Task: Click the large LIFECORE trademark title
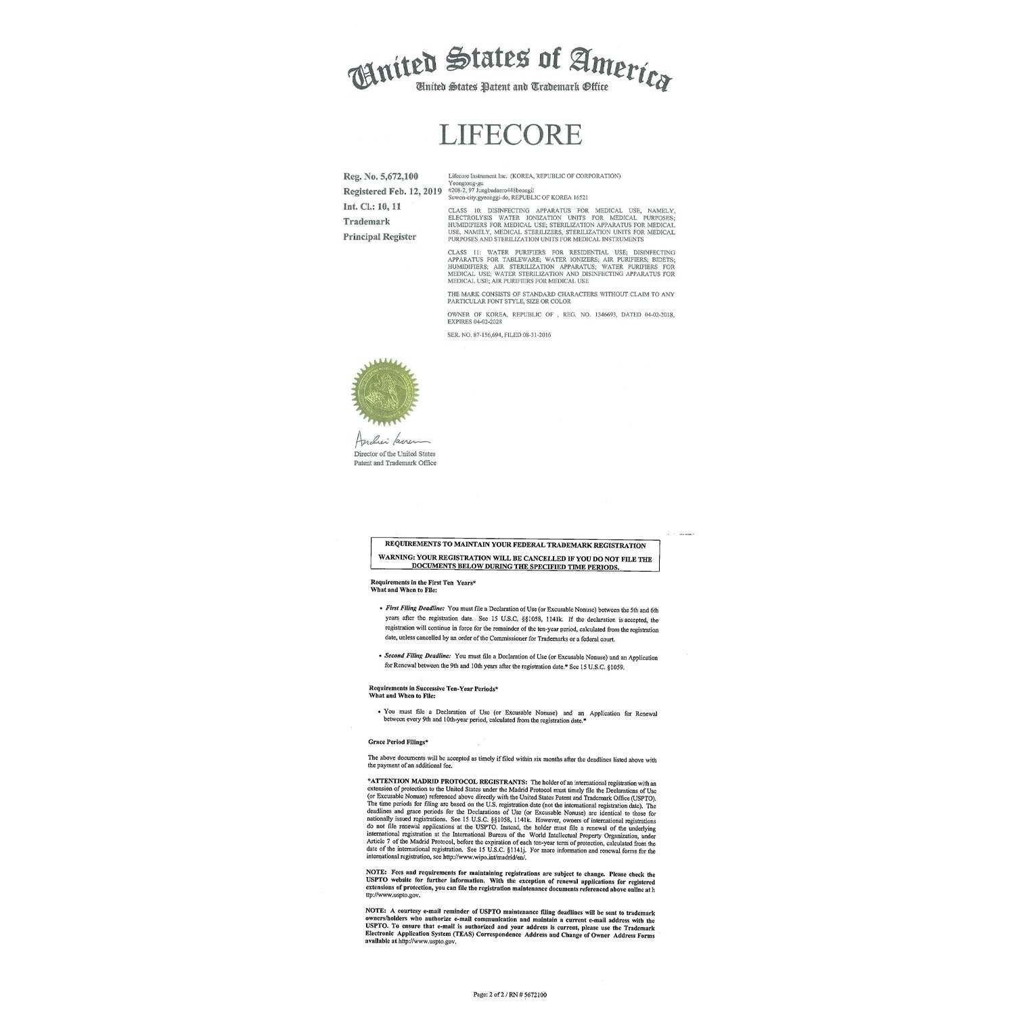coord(510,135)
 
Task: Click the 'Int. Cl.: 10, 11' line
coord(372,206)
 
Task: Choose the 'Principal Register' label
coord(380,237)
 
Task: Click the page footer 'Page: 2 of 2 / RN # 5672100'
coord(510,995)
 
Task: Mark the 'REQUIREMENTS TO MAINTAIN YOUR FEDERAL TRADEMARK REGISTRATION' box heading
coord(515,545)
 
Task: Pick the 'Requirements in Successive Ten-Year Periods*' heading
coord(433,688)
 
